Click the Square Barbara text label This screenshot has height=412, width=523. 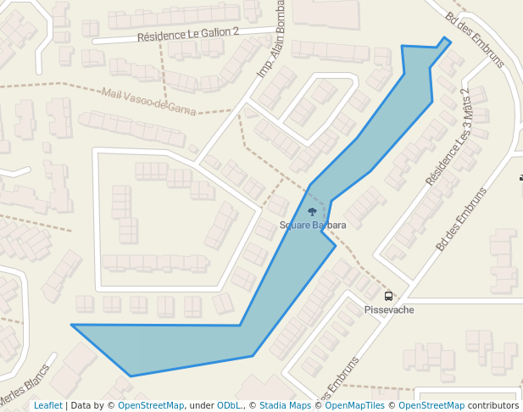[x=313, y=225]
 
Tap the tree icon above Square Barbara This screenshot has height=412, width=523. [x=312, y=212]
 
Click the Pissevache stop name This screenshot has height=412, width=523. [x=389, y=310]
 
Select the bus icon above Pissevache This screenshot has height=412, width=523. [x=388, y=296]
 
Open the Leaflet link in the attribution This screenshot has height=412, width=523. [x=47, y=406]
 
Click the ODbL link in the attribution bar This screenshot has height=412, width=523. [x=229, y=406]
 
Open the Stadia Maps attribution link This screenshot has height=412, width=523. [x=285, y=406]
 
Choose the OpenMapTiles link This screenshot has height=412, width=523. [x=354, y=406]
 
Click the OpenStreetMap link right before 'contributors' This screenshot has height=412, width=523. [x=431, y=406]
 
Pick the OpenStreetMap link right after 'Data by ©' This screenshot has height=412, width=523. [x=151, y=406]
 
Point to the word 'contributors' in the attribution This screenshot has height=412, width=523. [x=493, y=406]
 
